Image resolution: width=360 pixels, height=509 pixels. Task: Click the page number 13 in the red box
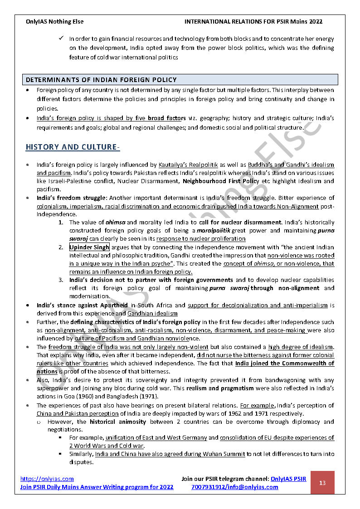click(x=322, y=483)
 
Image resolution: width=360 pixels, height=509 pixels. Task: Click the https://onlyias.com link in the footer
click(x=47, y=479)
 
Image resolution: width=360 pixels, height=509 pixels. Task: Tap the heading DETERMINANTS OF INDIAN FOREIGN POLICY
click(x=101, y=80)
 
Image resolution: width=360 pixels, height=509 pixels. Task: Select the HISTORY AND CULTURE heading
click(x=71, y=147)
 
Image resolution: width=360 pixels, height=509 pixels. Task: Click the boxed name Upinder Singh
click(x=89, y=247)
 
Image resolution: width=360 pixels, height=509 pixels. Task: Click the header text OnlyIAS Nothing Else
click(x=55, y=21)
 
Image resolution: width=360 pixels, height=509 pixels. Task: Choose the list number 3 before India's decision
click(x=60, y=280)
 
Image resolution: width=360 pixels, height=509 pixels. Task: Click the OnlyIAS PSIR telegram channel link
click(x=288, y=479)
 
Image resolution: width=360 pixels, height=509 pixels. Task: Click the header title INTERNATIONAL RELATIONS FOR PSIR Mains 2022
click(x=253, y=21)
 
